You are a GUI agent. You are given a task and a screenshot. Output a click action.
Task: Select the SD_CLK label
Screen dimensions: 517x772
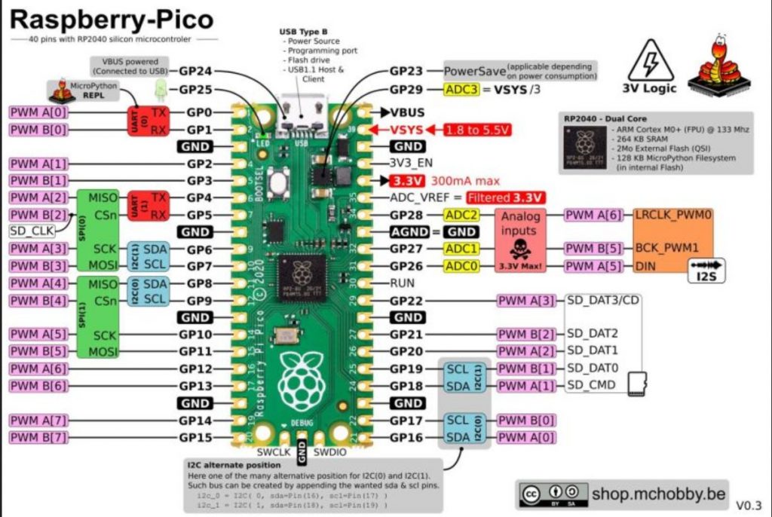pyautogui.click(x=32, y=231)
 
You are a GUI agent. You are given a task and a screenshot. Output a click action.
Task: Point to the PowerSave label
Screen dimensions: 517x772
pyautogui.click(x=473, y=72)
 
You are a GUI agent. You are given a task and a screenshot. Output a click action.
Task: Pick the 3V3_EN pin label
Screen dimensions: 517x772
pyautogui.click(x=412, y=163)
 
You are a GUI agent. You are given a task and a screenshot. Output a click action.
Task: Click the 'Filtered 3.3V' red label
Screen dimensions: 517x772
pyautogui.click(x=505, y=197)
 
